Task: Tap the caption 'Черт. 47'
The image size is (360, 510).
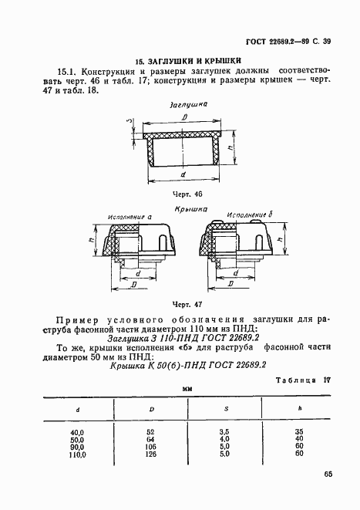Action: [x=188, y=305]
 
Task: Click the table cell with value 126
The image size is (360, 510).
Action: [x=151, y=454]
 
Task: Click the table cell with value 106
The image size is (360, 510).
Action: [x=151, y=446]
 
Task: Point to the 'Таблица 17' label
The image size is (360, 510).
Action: [x=305, y=380]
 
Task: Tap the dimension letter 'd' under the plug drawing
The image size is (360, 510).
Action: [x=181, y=176]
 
